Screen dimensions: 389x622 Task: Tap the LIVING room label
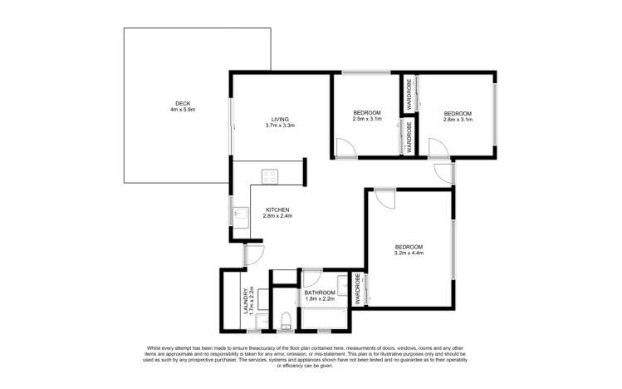coord(279,118)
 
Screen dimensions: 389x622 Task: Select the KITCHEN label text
coord(277,209)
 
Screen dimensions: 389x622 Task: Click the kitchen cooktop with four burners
coord(270,175)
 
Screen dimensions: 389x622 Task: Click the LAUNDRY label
coord(245,301)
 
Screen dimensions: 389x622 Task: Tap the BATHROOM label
coord(320,293)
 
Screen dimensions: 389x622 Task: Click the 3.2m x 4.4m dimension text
coord(409,254)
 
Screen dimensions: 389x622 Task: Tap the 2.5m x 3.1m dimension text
coord(366,120)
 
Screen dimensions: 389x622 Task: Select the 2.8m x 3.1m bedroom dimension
coord(457,120)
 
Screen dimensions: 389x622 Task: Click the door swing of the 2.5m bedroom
coord(345,149)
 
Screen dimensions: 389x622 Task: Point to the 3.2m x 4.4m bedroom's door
coord(383,199)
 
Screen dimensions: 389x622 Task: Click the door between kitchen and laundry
coord(254,255)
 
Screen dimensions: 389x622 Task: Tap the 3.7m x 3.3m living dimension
coord(280,126)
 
